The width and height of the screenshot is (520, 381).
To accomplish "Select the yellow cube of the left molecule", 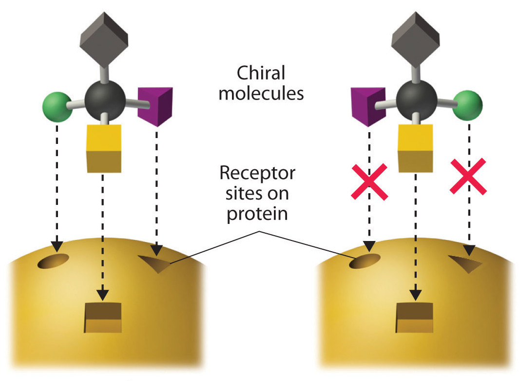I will click(103, 148).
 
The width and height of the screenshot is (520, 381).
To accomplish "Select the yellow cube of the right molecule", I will click(415, 148).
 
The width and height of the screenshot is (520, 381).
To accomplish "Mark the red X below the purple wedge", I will click(369, 181).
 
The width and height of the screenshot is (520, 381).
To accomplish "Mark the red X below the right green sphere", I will click(468, 176).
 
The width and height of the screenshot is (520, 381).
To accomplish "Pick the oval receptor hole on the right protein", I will click(365, 261).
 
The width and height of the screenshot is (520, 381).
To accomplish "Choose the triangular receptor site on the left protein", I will click(157, 263).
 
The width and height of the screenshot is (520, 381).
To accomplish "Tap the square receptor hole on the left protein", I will click(103, 318).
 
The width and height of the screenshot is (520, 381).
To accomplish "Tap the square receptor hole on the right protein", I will click(414, 318).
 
